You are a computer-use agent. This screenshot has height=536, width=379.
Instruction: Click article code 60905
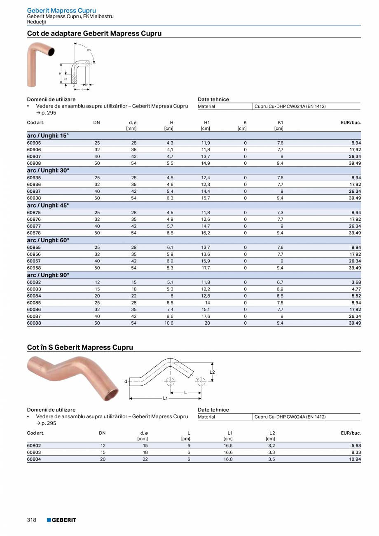coord(34,143)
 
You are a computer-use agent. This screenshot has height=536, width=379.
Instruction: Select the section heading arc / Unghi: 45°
coord(48,205)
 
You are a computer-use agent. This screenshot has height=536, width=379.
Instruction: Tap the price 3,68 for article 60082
coord(356,283)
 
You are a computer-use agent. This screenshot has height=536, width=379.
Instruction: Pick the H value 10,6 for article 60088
coord(169,323)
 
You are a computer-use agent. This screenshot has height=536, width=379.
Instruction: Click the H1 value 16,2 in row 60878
coord(206,233)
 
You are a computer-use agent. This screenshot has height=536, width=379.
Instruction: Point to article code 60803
coord(34,452)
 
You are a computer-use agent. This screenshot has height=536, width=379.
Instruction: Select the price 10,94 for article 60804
coord(354,459)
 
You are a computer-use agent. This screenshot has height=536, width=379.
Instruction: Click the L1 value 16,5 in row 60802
coord(228,446)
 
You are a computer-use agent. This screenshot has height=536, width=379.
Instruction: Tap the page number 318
coord(32,520)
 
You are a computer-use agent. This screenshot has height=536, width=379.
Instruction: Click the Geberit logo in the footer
coord(61,520)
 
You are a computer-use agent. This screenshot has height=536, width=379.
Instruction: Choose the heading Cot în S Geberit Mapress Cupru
coord(80,347)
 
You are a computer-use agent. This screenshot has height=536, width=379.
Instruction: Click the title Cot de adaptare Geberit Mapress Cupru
coord(94,33)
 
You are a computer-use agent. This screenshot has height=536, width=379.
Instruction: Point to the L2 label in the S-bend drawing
coord(212,372)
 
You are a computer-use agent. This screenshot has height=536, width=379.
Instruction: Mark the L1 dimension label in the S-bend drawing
coord(165,398)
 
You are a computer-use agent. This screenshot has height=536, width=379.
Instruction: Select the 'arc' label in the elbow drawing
coord(89,49)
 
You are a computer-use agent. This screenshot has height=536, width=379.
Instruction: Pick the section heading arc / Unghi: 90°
coord(48,275)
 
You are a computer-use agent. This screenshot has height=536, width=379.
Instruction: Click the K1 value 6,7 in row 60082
coord(280,283)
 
